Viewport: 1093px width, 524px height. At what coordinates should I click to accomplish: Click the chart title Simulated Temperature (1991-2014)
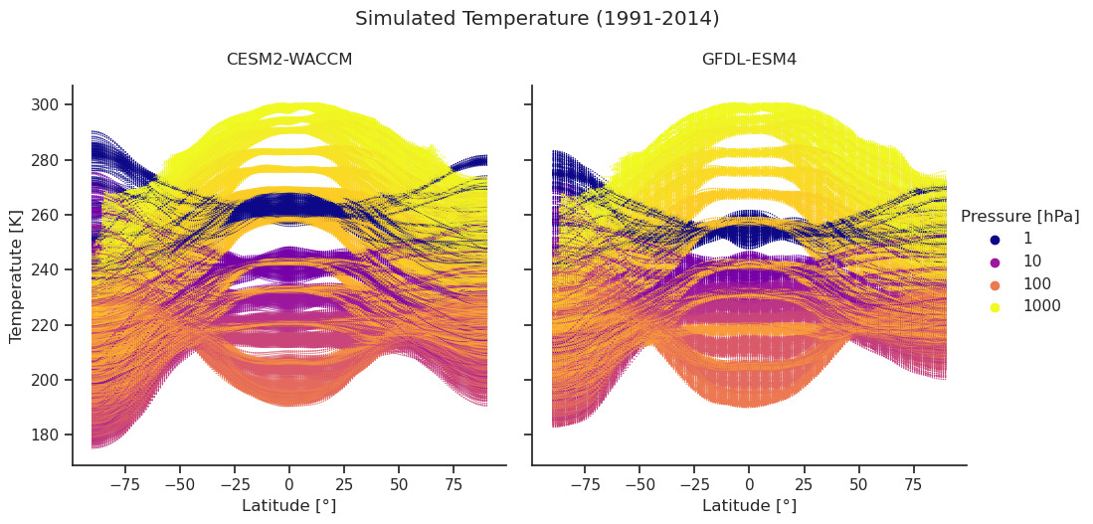pos(537,19)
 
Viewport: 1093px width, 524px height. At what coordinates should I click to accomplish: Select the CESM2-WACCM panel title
pos(289,60)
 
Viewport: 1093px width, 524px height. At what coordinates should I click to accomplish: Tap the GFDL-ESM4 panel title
pos(749,60)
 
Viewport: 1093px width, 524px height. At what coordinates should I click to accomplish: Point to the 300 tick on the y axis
pos(47,105)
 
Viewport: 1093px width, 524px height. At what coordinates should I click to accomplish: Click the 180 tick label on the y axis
pos(47,436)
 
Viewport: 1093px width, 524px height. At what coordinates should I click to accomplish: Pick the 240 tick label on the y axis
pos(47,270)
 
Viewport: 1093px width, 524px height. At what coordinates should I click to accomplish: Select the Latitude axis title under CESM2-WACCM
pos(289,506)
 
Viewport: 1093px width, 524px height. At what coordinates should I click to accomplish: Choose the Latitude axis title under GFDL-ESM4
pos(749,506)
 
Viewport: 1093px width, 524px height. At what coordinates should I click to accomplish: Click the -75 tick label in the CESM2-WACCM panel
pos(124,484)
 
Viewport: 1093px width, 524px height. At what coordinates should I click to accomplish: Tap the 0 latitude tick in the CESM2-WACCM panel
pos(289,484)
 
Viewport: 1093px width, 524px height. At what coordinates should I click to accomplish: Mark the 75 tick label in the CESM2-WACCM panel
pos(453,484)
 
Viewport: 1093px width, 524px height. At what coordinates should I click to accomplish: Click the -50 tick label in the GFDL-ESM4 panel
pos(640,484)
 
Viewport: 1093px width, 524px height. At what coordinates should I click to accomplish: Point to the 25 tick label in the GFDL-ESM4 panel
pos(804,484)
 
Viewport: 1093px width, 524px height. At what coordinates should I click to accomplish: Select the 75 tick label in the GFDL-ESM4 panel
pos(913,484)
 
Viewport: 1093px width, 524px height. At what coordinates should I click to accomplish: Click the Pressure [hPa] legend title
pos(1019,217)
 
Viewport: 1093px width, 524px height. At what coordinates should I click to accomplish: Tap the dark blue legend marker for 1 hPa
pos(994,240)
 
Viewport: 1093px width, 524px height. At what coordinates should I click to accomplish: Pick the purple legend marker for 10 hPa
pos(994,262)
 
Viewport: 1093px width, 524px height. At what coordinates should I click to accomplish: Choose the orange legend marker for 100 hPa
pos(994,284)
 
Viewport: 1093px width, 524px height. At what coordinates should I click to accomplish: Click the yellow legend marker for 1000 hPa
pos(994,306)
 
